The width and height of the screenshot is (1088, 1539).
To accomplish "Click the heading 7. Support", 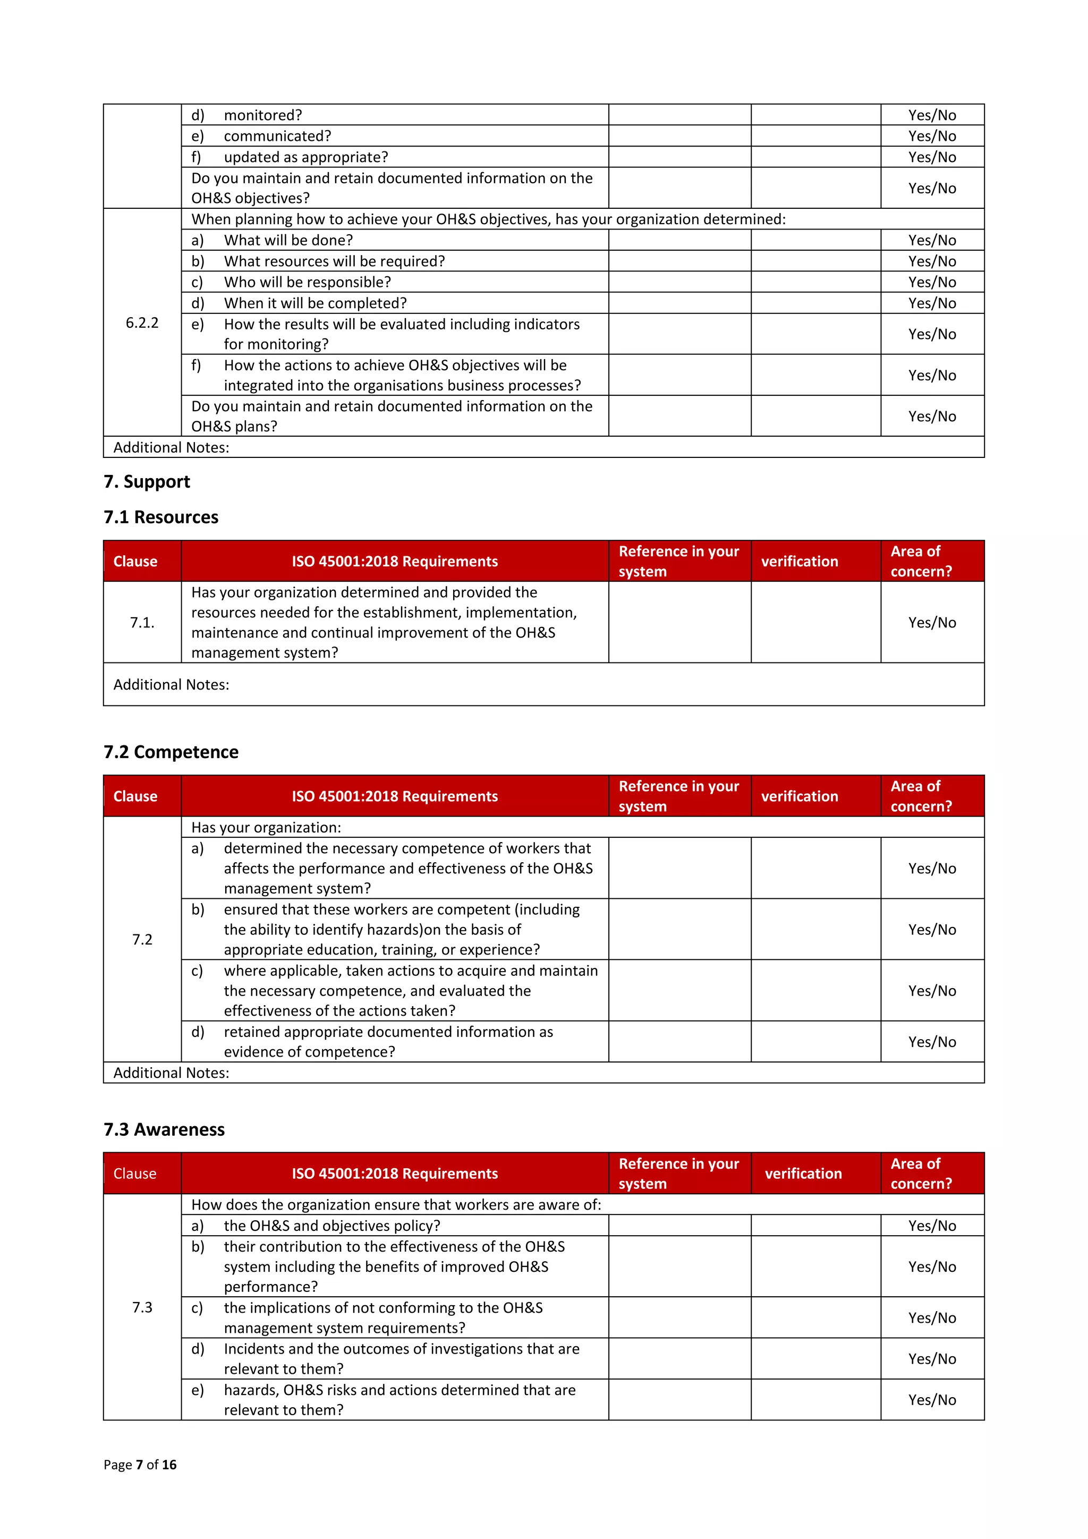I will (x=147, y=481).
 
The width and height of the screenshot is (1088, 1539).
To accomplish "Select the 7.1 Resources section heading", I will (x=161, y=517).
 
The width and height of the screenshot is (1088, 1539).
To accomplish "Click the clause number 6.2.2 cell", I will (x=142, y=322).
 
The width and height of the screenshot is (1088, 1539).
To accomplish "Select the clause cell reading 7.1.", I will (x=142, y=622).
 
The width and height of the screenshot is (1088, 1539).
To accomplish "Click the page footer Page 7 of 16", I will (x=140, y=1464).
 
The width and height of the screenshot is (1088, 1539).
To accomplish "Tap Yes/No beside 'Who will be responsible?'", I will (x=932, y=282).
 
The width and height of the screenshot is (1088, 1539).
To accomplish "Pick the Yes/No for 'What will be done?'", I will (x=932, y=240).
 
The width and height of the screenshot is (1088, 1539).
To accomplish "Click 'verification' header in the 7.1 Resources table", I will (x=799, y=561).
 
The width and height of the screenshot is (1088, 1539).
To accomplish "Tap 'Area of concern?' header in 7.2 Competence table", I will (x=921, y=796).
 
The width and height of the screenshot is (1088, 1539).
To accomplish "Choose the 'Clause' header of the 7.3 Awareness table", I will (x=135, y=1173).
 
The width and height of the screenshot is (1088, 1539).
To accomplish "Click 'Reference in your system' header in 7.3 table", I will (x=678, y=1173).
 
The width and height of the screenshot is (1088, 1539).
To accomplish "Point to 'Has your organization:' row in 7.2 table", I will (x=266, y=827).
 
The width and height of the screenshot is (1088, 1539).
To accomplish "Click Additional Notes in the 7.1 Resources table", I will (x=171, y=684).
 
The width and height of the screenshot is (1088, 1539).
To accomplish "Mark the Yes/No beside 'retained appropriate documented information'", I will (x=932, y=1042).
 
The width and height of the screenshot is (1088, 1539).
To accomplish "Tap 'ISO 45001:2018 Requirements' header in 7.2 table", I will (x=394, y=796).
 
